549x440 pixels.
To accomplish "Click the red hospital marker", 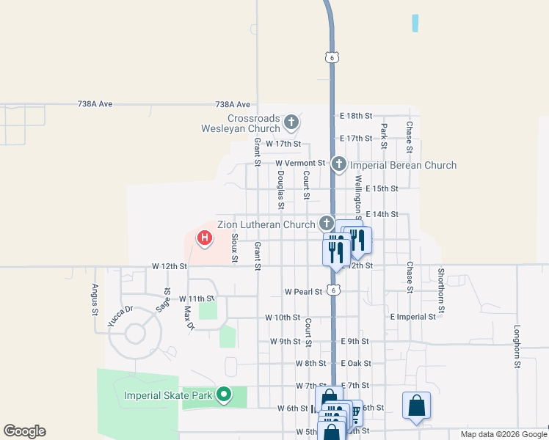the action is pos(206,238).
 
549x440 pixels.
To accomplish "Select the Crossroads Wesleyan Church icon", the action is pos(291,122).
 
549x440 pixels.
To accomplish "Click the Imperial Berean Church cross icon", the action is pos(338,164).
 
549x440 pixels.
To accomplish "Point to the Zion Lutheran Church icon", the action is pos(327,223).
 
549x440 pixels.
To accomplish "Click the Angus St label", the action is pos(95,300).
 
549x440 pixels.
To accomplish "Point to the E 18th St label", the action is pos(357,116).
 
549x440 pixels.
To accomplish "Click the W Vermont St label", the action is pos(300,163).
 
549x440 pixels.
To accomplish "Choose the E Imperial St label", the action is pos(413,317).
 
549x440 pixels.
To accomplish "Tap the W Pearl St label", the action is pos(303,292).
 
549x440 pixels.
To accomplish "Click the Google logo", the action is pos(24,431).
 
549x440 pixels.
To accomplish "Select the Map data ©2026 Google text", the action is pos(503,434).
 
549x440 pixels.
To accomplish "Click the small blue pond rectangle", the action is pos(415,23).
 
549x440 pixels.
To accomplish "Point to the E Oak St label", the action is pos(356,364).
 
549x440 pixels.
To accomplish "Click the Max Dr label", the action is pos(188,318).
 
